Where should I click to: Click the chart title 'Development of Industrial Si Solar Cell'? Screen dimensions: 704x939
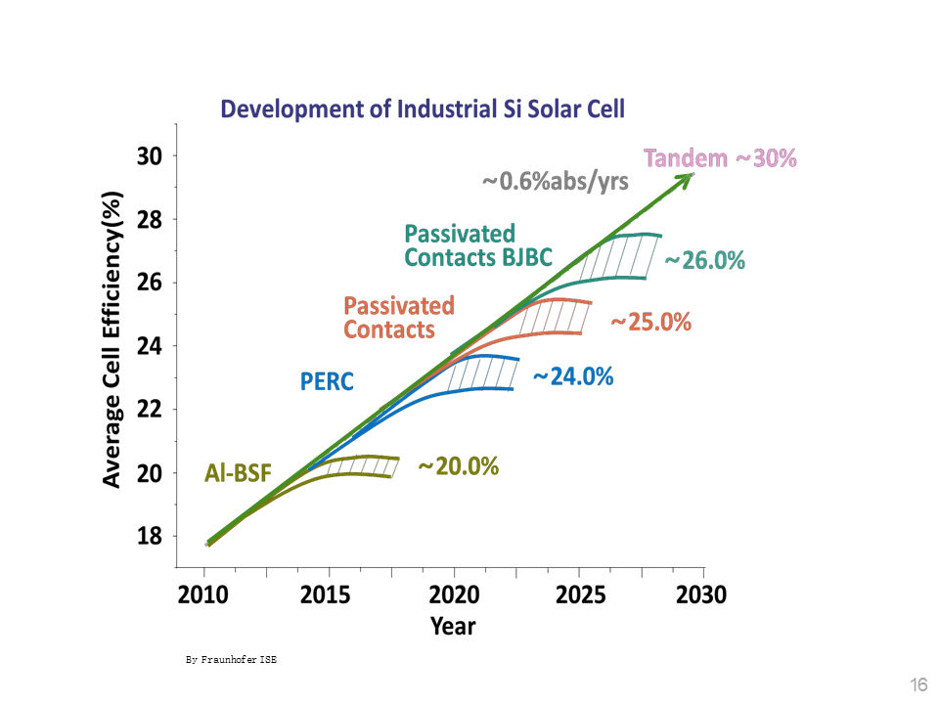423,108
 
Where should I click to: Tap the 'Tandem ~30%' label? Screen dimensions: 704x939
720,158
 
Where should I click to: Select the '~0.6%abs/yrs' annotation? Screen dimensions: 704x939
555,182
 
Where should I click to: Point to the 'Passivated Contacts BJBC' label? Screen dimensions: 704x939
478,245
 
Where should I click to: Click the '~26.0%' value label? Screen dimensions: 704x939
704,261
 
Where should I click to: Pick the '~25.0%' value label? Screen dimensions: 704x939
650,322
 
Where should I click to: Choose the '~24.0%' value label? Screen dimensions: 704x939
572,375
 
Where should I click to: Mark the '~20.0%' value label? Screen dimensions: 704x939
458,466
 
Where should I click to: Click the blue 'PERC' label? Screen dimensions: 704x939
327,380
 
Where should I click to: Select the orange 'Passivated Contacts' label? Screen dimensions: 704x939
399,317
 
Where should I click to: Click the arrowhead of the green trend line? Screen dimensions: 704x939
689,176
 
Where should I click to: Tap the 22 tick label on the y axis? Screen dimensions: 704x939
149,409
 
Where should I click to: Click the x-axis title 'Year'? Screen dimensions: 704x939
454,625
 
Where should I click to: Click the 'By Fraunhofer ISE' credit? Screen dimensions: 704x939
232,660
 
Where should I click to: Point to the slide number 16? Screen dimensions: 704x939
918,683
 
